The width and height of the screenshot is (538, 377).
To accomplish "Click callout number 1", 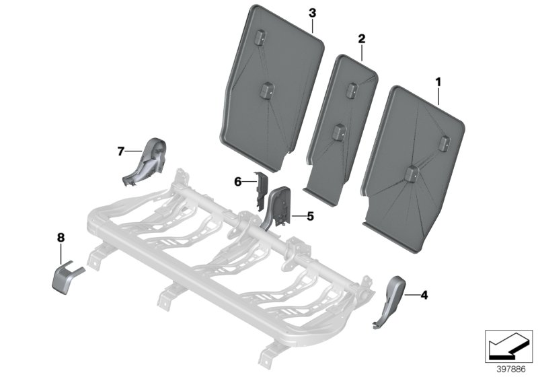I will coord(438,82).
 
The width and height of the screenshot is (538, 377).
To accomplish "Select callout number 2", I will coord(361,40).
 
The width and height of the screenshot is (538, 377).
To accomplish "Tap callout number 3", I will coord(312,13).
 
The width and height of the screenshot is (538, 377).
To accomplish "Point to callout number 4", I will coord(424,294).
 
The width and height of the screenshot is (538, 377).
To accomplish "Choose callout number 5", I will coord(311,216).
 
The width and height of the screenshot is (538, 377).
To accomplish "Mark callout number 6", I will coord(237,181).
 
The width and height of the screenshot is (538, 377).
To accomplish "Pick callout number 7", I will coord(121,152).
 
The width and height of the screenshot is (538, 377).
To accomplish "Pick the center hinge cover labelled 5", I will coord(279,207).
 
